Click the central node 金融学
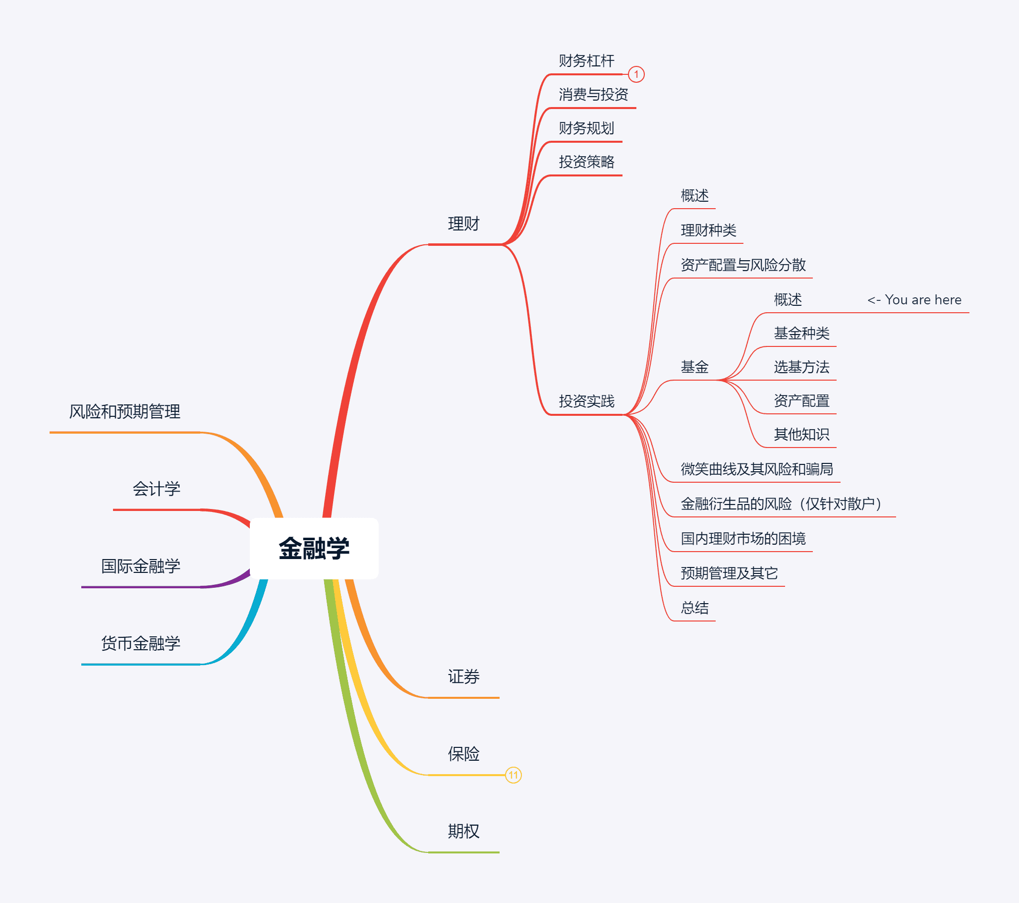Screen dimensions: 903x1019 coord(314,549)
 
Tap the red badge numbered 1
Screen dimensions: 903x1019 coord(635,74)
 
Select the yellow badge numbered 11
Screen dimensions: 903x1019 coord(513,775)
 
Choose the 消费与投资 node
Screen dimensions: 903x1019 coord(593,94)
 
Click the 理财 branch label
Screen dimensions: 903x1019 coord(463,224)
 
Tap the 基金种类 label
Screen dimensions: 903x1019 coord(801,333)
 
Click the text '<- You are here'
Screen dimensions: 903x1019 coord(914,300)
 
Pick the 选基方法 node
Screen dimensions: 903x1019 coord(801,367)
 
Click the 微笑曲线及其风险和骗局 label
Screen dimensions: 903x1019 coord(756,469)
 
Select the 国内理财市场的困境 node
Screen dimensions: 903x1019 coord(743,539)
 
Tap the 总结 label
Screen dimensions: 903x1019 coord(694,608)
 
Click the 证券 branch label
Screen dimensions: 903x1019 coord(463,677)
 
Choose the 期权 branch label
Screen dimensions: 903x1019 coord(463,831)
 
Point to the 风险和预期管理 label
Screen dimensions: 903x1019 coord(124,411)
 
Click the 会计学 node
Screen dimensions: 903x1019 coord(156,489)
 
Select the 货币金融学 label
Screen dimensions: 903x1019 coord(141,643)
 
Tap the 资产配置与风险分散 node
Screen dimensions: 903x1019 coord(743,265)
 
